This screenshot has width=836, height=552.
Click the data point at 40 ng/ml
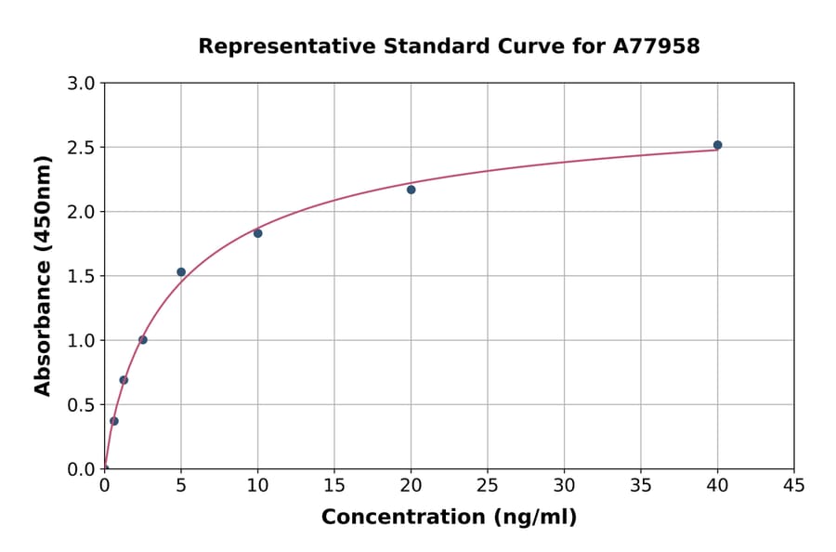(x=717, y=145)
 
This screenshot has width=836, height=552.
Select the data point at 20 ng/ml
(x=411, y=190)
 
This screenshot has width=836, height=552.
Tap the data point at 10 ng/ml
(x=257, y=233)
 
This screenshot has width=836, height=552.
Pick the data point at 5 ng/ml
(x=181, y=272)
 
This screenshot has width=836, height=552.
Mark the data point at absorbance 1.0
(x=143, y=340)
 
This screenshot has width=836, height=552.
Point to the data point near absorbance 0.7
(x=124, y=380)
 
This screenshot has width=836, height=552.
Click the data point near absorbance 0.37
(x=114, y=421)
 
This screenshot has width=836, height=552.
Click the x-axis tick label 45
(x=794, y=486)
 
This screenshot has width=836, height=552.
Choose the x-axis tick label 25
(x=488, y=486)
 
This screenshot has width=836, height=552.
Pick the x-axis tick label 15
(x=334, y=486)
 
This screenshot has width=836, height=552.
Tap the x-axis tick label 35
(x=641, y=486)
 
